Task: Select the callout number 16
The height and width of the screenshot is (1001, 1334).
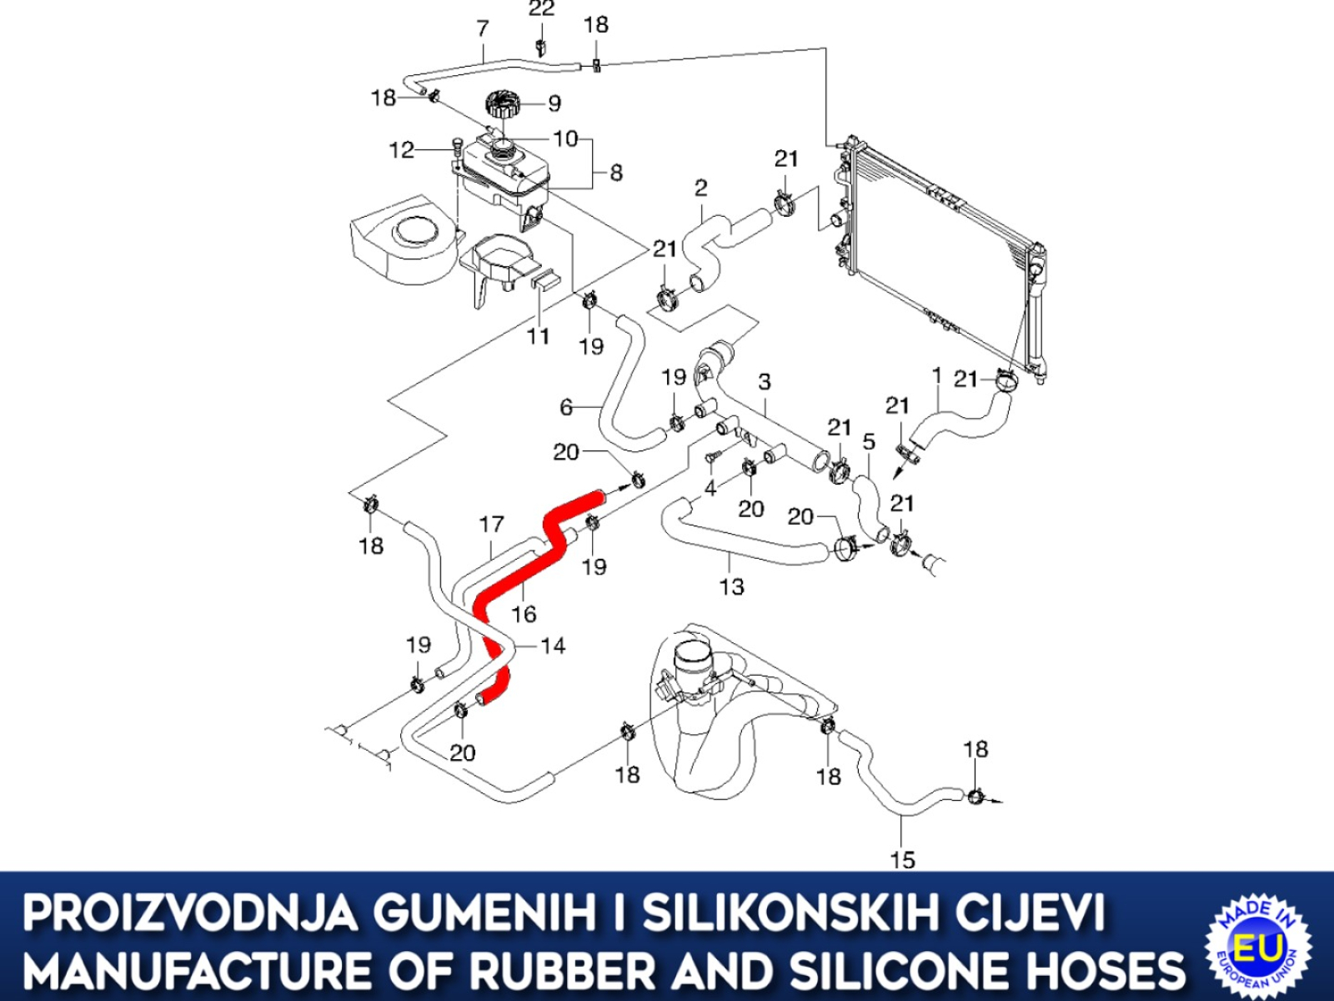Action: [524, 615]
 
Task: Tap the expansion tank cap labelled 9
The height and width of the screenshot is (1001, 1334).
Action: [504, 104]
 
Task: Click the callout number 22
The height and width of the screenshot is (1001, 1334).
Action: [541, 8]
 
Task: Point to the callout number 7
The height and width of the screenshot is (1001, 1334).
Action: [483, 28]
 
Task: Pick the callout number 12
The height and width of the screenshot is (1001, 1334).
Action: [401, 149]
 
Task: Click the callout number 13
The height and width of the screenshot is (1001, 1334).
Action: [731, 586]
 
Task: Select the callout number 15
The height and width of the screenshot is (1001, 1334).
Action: [902, 860]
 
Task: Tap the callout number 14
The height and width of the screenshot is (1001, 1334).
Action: [553, 646]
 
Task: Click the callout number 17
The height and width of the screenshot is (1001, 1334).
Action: [492, 523]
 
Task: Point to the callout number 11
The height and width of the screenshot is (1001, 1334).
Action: [538, 336]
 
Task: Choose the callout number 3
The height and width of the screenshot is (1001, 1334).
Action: [765, 382]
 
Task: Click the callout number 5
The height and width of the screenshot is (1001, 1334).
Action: [869, 442]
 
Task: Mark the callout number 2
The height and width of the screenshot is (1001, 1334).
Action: [700, 188]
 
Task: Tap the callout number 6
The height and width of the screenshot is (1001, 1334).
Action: [566, 406]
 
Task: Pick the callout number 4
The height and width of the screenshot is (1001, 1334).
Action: [710, 488]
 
